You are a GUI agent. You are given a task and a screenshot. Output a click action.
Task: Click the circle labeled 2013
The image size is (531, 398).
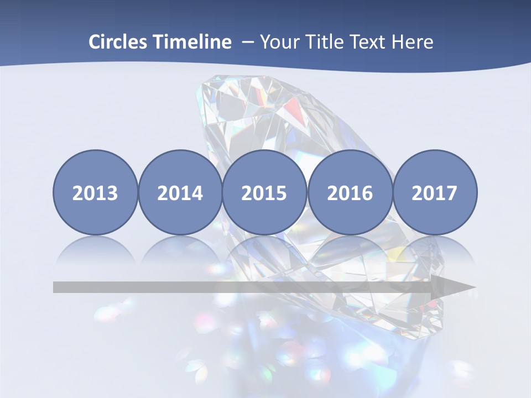[95, 192]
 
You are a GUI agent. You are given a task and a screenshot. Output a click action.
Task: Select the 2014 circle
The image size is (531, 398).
[180, 192]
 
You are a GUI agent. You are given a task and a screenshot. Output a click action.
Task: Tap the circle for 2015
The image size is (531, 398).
[264, 192]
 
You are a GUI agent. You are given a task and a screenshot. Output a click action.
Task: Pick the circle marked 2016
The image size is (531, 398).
[350, 192]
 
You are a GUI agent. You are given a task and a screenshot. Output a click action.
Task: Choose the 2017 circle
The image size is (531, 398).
[435, 192]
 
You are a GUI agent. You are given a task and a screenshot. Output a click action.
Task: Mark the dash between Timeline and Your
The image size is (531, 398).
[248, 43]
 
